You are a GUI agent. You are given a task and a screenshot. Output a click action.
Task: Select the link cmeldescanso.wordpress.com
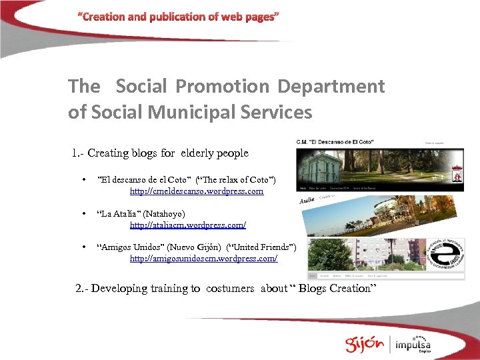197,191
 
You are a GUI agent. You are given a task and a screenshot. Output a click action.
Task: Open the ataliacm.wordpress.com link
187,225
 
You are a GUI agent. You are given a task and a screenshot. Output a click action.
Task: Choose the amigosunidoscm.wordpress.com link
203,258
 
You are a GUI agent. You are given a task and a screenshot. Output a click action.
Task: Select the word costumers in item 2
230,289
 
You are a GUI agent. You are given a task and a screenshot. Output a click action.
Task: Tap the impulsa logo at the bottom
413,345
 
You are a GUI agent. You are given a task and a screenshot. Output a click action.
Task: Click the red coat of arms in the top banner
457,172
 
